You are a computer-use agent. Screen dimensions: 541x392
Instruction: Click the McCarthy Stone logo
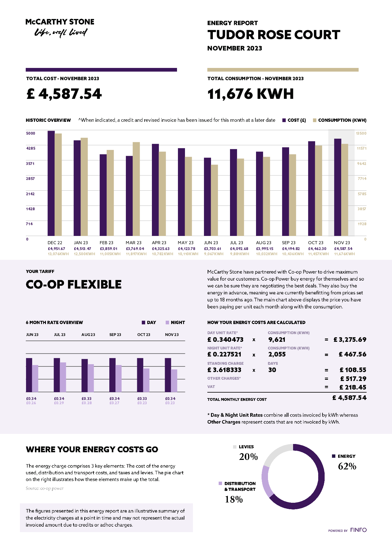tap(60, 27)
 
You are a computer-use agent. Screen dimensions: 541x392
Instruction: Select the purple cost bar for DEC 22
tap(51, 183)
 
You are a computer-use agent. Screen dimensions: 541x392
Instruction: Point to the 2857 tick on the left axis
tap(30, 179)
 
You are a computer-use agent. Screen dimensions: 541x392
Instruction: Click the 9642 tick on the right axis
tap(361, 164)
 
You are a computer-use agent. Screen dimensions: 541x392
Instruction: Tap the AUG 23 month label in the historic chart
tap(264, 243)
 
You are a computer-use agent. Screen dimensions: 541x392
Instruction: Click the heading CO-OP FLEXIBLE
tap(74, 285)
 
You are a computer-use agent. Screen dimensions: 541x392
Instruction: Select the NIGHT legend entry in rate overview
tap(175, 323)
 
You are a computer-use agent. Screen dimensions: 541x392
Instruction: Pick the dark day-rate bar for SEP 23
tap(112, 375)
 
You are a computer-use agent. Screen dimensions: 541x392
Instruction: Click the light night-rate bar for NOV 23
tap(174, 381)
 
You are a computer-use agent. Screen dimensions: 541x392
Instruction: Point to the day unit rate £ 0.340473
tap(225, 340)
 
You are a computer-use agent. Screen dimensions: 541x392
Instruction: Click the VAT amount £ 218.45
tap(353, 387)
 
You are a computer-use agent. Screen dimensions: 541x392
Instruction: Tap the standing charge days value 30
tap(272, 370)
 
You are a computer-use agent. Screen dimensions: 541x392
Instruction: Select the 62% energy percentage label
tap(347, 466)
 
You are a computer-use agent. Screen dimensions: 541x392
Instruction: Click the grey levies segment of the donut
tap(276, 453)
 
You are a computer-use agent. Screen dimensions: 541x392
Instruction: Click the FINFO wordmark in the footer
tap(358, 530)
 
